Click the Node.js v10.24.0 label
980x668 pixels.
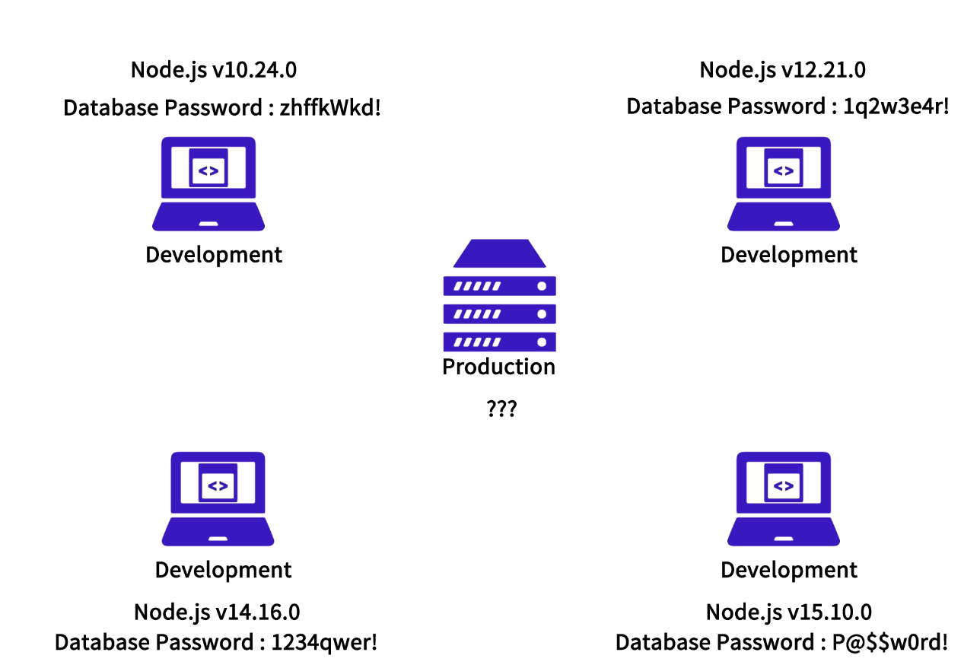click(x=214, y=70)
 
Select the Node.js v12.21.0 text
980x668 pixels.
click(x=782, y=70)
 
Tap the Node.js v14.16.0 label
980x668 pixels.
click(x=217, y=612)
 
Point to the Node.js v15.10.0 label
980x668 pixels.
click(x=788, y=612)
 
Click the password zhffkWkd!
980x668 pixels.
click(x=330, y=108)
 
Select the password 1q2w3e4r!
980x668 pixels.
click(x=896, y=107)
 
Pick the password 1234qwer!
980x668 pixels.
click(x=324, y=643)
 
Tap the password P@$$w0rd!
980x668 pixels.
click(x=889, y=643)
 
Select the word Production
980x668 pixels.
click(x=499, y=367)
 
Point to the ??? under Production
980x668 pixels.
click(x=501, y=409)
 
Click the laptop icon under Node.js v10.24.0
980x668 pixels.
click(x=208, y=183)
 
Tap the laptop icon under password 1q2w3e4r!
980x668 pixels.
click(x=784, y=183)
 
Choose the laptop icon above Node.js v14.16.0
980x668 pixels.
click(x=218, y=498)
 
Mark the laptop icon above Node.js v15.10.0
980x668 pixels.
click(x=784, y=498)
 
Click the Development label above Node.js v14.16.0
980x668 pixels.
click(x=223, y=570)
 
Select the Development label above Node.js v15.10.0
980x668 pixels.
click(x=789, y=570)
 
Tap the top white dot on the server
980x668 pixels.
click(x=542, y=287)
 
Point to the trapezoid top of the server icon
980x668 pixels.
click(x=500, y=253)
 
